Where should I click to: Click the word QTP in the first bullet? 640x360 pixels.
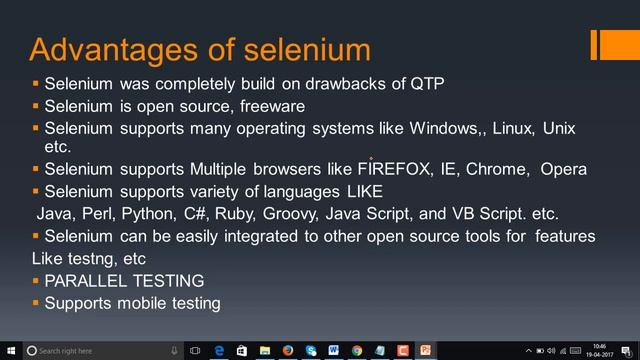pyautogui.click(x=427, y=83)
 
